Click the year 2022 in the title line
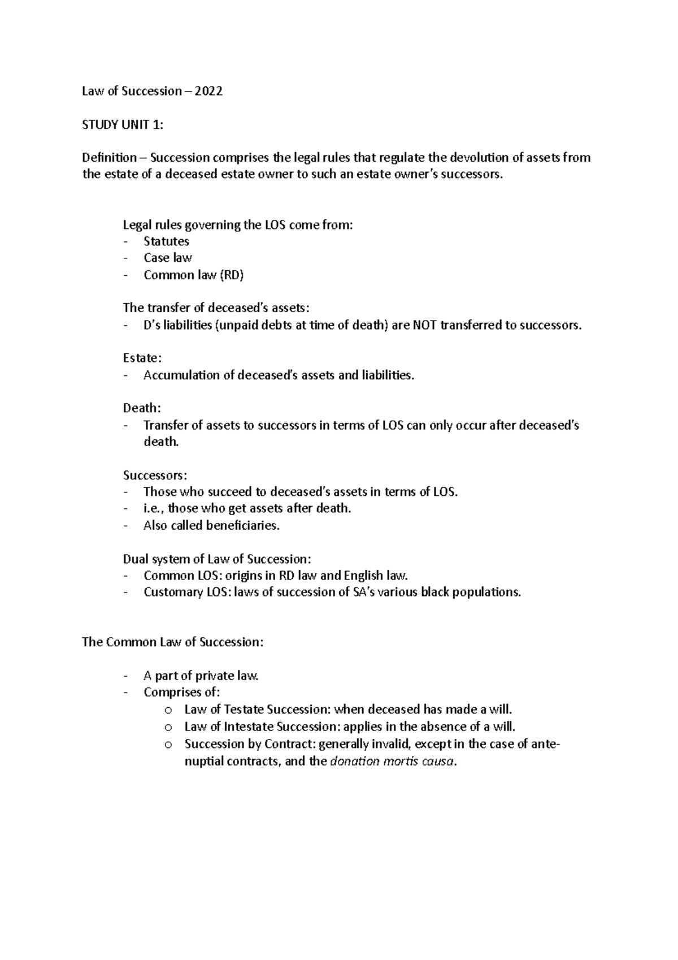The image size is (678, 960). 208,92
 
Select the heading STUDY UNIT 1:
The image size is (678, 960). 123,125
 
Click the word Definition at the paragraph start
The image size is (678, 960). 109,158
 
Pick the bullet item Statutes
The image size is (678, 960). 166,241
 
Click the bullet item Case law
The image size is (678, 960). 167,258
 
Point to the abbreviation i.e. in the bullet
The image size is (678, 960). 153,509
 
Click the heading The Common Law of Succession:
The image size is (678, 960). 172,642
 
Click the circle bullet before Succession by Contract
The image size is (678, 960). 167,745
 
